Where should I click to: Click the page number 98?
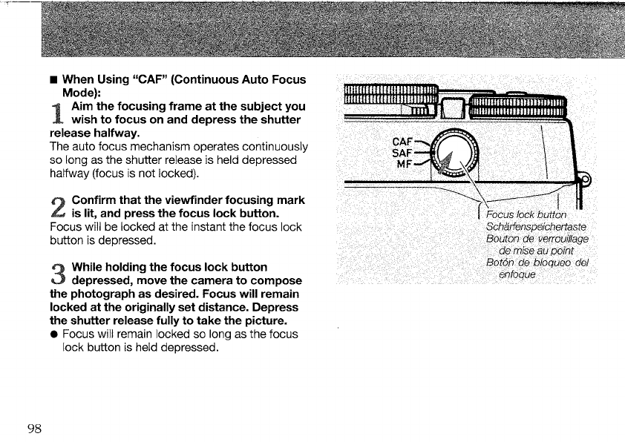tap(34, 429)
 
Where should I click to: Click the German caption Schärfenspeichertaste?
tap(534, 225)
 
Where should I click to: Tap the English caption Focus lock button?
tap(531, 214)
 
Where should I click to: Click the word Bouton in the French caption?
tap(504, 238)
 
